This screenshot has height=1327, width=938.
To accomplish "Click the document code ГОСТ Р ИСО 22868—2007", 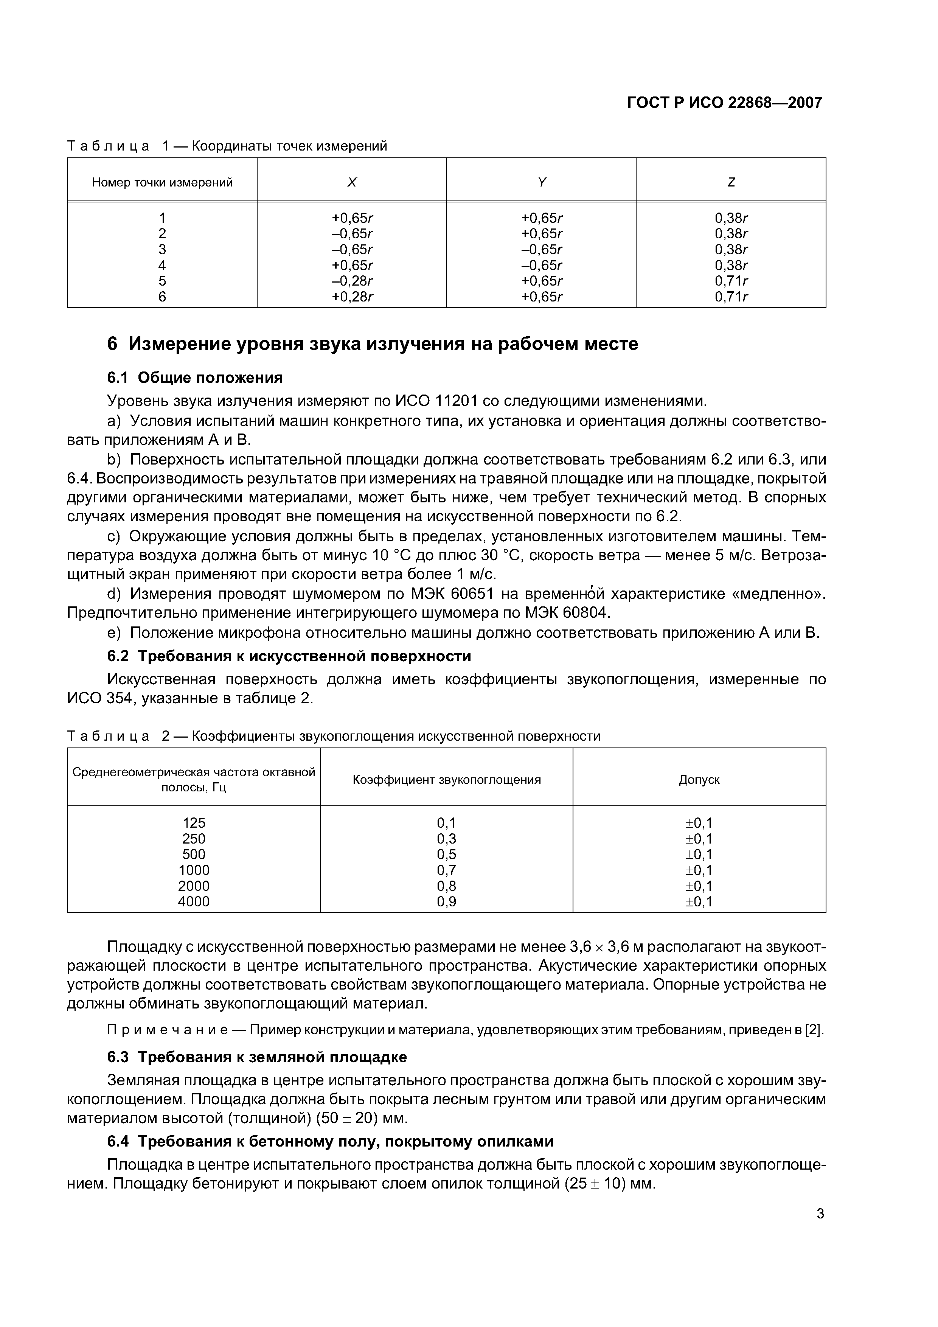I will (724, 103).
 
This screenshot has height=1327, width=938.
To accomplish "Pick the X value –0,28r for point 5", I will (352, 281).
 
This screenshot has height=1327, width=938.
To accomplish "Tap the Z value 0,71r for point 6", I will (731, 297).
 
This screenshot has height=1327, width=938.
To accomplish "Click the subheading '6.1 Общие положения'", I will (195, 378).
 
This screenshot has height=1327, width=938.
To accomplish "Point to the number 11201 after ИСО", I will (456, 401).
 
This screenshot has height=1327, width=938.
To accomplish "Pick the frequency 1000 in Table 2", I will (194, 870).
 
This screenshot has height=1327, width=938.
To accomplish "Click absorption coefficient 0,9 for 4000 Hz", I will (446, 901).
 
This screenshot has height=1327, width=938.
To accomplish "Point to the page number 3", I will (820, 1214).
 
